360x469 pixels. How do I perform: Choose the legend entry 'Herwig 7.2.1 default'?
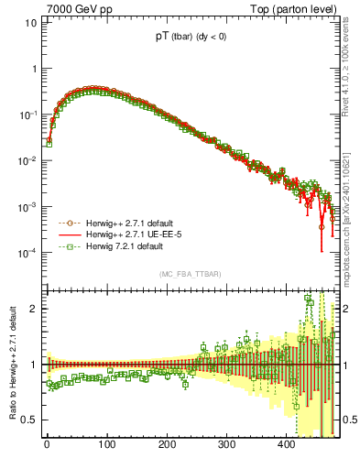coord(117,246)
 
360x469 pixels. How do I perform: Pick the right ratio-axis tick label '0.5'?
coord(351,420)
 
